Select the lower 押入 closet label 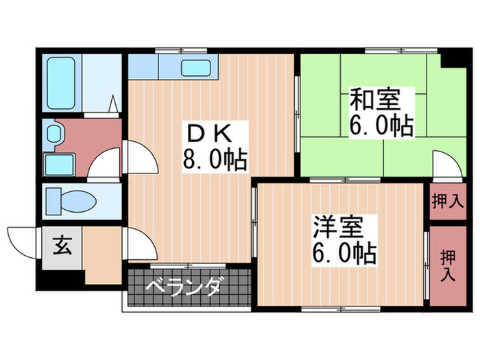click(448, 265)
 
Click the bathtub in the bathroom click(64, 83)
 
